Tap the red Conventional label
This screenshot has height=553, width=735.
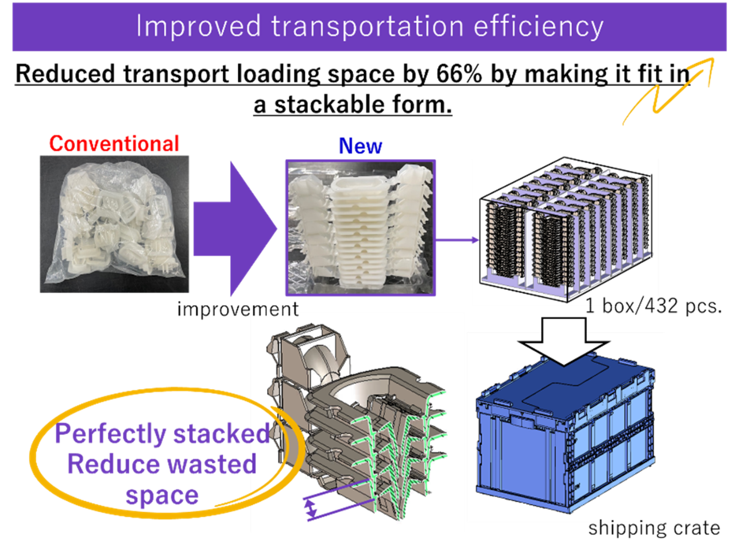(114, 144)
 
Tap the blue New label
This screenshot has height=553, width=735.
(360, 147)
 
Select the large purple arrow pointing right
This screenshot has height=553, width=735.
(235, 229)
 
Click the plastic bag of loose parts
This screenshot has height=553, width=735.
(114, 224)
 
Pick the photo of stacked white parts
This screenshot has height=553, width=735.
(361, 228)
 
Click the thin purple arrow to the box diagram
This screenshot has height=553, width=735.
(457, 240)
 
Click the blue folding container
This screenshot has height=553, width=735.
(566, 448)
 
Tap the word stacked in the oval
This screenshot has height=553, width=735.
(221, 433)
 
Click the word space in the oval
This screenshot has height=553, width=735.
(162, 496)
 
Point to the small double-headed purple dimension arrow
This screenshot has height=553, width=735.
(311, 508)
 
